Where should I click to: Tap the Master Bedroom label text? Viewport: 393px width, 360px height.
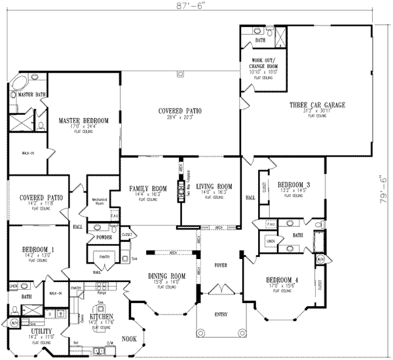(x=83, y=121)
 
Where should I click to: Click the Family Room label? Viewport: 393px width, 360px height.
(x=148, y=188)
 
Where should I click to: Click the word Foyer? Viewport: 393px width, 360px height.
(x=220, y=266)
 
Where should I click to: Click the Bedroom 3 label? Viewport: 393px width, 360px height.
(x=293, y=185)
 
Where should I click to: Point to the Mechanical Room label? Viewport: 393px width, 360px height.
(x=98, y=199)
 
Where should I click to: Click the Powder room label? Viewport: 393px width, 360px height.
(x=103, y=237)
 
